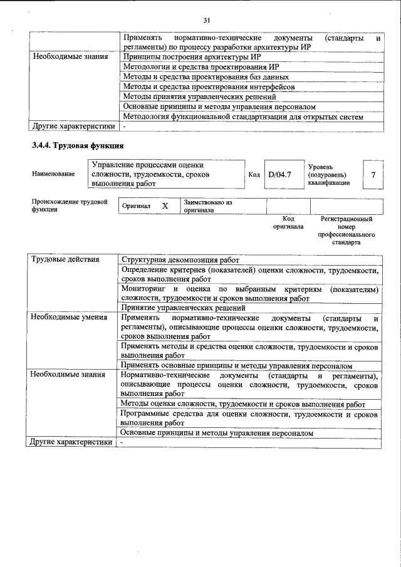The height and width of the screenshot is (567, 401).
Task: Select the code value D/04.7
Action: (279, 175)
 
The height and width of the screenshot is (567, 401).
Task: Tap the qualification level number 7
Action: (374, 175)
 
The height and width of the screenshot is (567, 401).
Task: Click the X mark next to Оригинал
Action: (165, 206)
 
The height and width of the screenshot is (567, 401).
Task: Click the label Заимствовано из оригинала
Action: (208, 207)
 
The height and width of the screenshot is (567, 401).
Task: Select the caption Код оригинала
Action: (288, 223)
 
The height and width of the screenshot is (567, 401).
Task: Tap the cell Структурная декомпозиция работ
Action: (181, 259)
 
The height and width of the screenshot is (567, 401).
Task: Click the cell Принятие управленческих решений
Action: (182, 308)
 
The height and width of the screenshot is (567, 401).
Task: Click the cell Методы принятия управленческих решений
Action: (199, 96)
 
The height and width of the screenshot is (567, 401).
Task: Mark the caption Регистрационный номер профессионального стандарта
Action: (346, 230)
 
